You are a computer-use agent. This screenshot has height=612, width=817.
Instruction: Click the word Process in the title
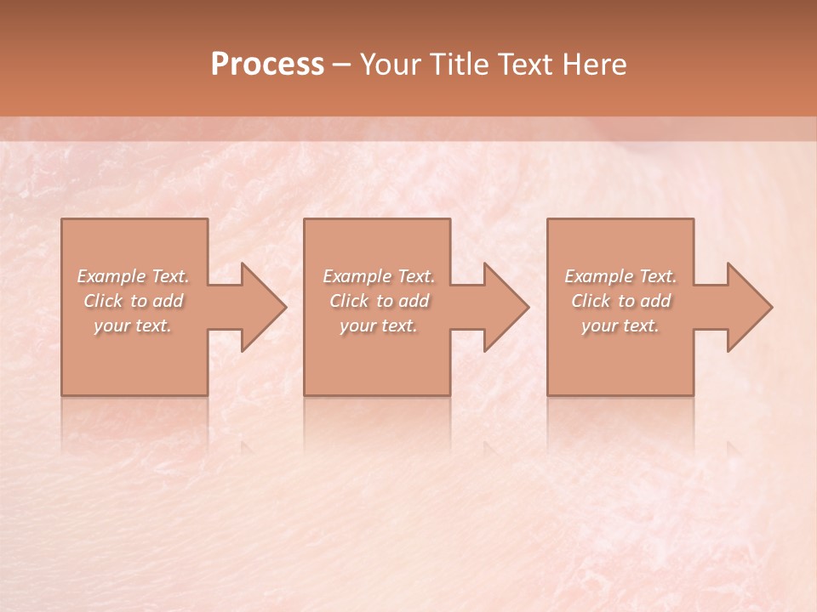pos(267,65)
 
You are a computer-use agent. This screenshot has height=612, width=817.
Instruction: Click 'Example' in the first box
pos(111,276)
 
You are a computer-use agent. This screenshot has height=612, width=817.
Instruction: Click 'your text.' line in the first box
pos(133,326)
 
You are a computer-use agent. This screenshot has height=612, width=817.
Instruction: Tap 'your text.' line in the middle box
pos(378,326)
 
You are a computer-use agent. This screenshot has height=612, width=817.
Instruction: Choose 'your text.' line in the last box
pos(620,326)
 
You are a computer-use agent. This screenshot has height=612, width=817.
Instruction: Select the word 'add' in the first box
pos(169,301)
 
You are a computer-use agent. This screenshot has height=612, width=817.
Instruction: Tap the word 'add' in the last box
pos(656,301)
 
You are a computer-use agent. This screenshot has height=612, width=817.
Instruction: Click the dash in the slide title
pos(342,65)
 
